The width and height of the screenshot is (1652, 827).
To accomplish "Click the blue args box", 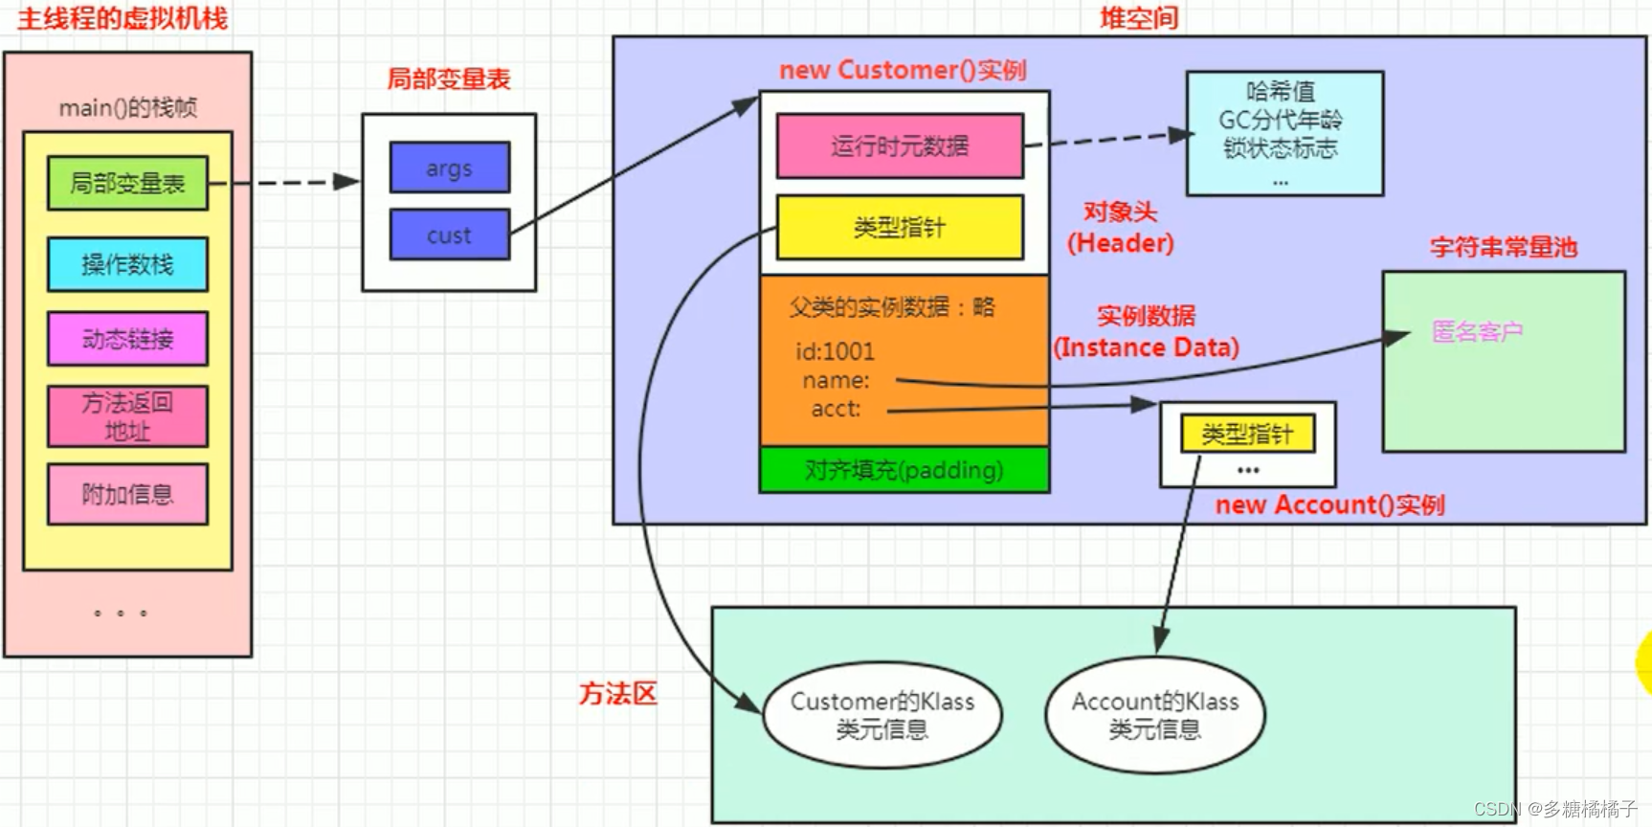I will click(x=449, y=168).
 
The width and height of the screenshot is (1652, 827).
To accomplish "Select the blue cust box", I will click(x=449, y=235).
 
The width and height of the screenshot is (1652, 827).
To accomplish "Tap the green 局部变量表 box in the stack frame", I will click(x=127, y=183).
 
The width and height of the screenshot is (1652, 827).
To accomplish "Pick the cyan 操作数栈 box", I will click(x=127, y=264).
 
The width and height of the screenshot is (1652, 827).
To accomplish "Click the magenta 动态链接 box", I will click(x=127, y=339).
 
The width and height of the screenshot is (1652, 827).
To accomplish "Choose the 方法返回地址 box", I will click(x=127, y=416).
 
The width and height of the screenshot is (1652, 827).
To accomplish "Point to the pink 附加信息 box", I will click(x=127, y=494).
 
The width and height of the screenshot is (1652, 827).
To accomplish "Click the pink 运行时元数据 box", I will click(x=900, y=145).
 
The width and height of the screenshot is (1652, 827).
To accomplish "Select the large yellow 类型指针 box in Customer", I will click(x=900, y=227).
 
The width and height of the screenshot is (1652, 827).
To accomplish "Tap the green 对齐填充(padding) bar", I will click(x=904, y=470).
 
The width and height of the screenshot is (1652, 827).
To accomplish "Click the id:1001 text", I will click(x=835, y=351).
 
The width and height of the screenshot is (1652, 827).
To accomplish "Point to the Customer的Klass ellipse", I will click(x=882, y=715).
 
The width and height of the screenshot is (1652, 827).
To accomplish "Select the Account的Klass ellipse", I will click(x=1155, y=715).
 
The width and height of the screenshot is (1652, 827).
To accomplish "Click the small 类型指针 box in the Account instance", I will click(x=1247, y=435).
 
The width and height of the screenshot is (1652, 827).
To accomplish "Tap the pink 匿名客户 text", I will click(x=1477, y=332).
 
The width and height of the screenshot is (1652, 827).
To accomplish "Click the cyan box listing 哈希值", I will click(x=1284, y=133).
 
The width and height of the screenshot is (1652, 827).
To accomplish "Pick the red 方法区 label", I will click(x=618, y=694).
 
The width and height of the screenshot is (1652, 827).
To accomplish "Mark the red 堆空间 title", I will click(x=1139, y=18).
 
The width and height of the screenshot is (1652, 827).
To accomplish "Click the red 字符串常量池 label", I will click(x=1503, y=247).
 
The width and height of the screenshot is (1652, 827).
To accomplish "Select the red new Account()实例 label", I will click(x=1329, y=504).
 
